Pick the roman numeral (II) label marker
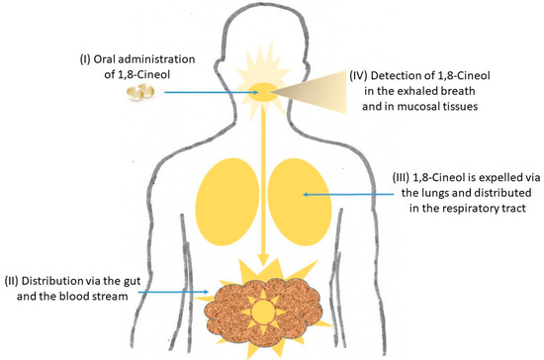tap(14, 274)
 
